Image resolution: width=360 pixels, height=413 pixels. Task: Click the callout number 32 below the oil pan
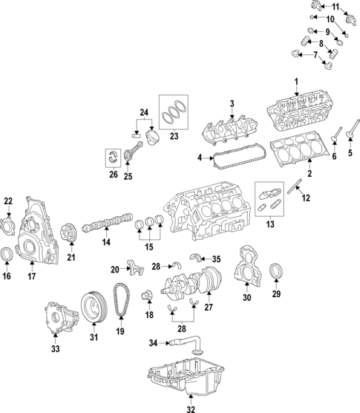click(191, 409)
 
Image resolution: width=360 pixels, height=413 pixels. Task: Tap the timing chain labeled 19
click(121, 300)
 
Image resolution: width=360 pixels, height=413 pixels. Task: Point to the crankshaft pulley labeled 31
click(94, 307)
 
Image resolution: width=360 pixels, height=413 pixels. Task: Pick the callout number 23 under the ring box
click(174, 136)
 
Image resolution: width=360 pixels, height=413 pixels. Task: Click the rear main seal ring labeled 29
click(276, 270)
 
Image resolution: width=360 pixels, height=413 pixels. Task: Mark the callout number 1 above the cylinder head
click(296, 82)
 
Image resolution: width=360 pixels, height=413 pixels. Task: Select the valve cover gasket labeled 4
click(239, 157)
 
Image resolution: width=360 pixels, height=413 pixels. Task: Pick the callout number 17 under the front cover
click(32, 276)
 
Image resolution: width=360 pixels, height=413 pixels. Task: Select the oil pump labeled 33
click(62, 317)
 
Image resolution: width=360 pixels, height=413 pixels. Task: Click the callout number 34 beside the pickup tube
click(154, 343)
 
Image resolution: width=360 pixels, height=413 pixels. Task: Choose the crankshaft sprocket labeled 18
click(147, 295)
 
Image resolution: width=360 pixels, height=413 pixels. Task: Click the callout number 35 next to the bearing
click(216, 259)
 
